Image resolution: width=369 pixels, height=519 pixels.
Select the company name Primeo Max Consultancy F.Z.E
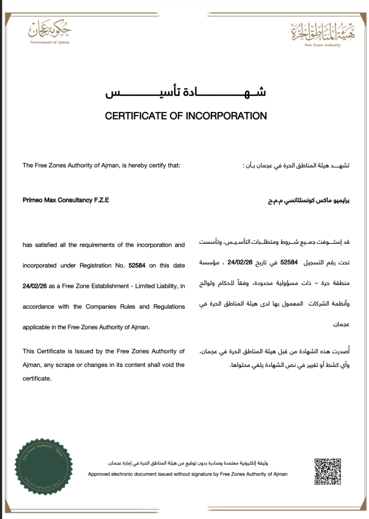point(66,200)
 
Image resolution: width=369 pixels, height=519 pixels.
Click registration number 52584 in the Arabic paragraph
point(288,263)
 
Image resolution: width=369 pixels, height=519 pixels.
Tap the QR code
point(327,471)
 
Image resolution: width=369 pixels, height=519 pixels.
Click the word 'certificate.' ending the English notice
point(37,379)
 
